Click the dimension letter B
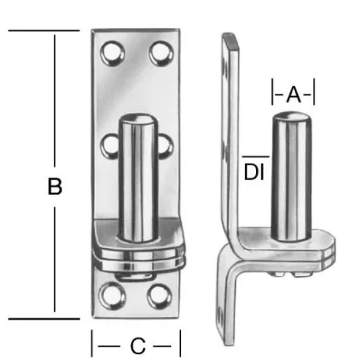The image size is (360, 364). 55,187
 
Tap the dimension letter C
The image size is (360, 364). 138,346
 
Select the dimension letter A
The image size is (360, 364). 293,95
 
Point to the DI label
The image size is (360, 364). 254,172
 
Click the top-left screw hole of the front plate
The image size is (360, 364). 112,54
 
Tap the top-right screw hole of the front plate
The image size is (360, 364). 161,54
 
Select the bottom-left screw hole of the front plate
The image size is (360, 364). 112,296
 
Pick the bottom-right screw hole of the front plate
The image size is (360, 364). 160,297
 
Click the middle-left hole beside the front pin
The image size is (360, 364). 109,146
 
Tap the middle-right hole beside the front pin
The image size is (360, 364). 166,147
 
